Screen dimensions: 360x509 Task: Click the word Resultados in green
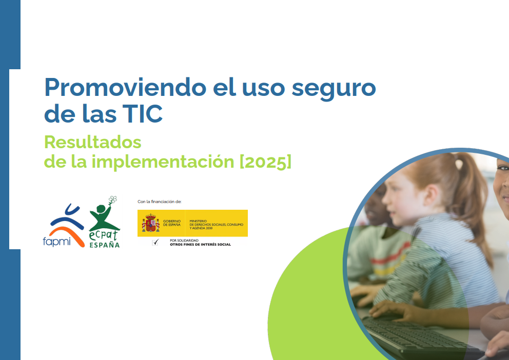92,141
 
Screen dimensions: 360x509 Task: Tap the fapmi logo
65,226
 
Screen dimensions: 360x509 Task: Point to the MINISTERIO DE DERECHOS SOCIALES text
216,223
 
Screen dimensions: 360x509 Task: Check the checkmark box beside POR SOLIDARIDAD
155,242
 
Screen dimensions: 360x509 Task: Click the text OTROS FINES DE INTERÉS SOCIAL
200,245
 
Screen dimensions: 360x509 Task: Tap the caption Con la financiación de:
160,202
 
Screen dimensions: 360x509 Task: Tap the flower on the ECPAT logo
112,199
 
